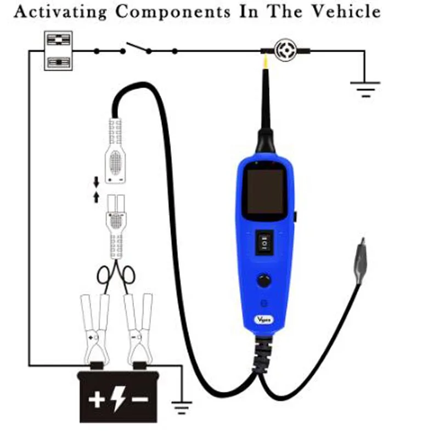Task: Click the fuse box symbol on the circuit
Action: tap(58, 50)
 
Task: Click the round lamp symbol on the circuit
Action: tap(285, 50)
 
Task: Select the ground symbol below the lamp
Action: tap(365, 87)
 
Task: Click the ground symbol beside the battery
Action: tap(182, 407)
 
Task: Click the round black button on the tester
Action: tap(264, 281)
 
